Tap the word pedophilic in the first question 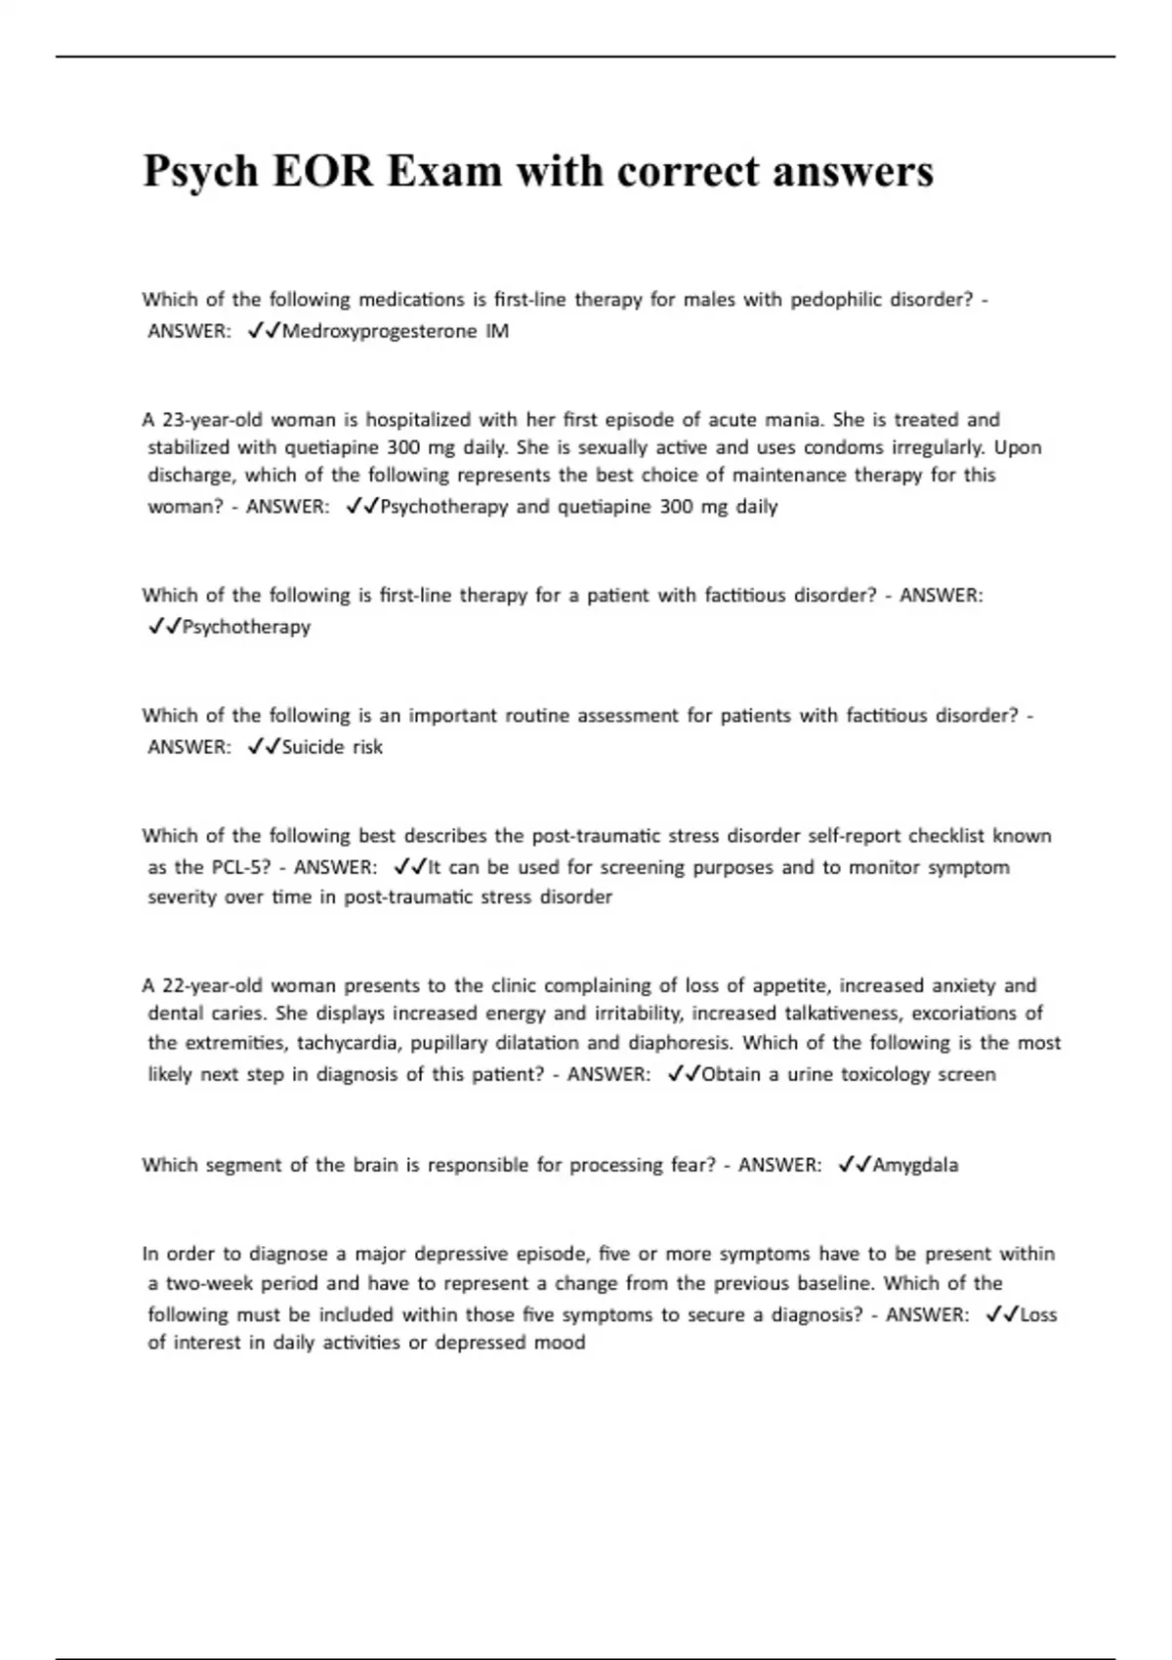(836, 300)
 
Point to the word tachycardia (349, 1043)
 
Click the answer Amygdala (915, 1165)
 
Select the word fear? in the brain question (692, 1165)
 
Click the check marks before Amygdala (855, 1165)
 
